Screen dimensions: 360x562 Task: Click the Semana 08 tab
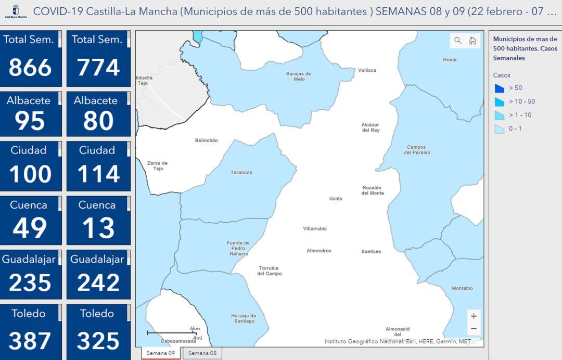click(202, 353)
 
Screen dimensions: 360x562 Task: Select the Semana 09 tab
click(160, 353)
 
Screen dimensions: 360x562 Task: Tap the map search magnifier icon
click(458, 41)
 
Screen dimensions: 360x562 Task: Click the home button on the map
click(472, 41)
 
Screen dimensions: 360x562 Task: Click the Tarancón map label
click(241, 172)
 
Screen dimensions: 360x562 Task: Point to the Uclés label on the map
click(336, 199)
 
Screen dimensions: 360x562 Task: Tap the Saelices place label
click(371, 251)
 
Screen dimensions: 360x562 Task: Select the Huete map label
click(450, 60)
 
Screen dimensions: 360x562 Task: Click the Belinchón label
click(206, 140)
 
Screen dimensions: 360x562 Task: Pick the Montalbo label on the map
click(462, 288)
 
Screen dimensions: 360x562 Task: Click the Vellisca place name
click(367, 70)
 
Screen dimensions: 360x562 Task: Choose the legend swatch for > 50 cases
click(500, 88)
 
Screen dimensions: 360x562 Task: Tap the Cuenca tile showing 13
click(98, 221)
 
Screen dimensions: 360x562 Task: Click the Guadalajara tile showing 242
click(98, 275)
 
